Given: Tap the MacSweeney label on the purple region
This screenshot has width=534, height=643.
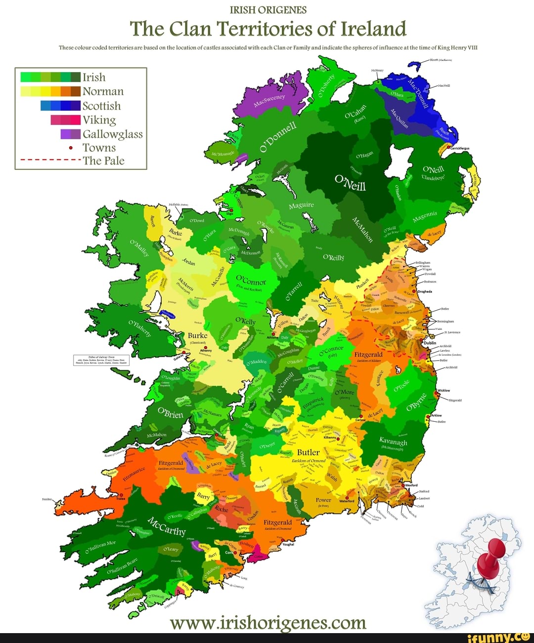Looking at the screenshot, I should pyautogui.click(x=269, y=100).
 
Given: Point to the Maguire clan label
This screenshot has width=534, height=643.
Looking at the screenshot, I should pyautogui.click(x=301, y=205).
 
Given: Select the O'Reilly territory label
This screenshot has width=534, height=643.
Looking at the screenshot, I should pyautogui.click(x=333, y=257).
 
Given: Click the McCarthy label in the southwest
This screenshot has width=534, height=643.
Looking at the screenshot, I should pyautogui.click(x=167, y=526).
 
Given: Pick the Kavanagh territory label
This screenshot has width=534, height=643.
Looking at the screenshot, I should pyautogui.click(x=393, y=441).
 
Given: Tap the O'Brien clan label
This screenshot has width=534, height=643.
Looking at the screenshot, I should pyautogui.click(x=170, y=412).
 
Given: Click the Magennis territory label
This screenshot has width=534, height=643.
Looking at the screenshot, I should pyautogui.click(x=424, y=217).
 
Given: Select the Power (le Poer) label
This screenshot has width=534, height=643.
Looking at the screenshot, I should pyautogui.click(x=323, y=500).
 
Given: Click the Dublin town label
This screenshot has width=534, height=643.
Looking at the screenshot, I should pyautogui.click(x=430, y=343).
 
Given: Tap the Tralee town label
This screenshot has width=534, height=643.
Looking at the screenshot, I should pyautogui.click(x=121, y=499).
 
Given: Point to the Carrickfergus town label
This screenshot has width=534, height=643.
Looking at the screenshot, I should pyautogui.click(x=459, y=148).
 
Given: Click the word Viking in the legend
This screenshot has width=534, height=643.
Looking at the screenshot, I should pyautogui.click(x=99, y=120).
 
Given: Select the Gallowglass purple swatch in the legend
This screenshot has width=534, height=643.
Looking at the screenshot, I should pyautogui.click(x=70, y=134).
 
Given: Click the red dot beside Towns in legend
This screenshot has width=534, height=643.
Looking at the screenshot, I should pyautogui.click(x=71, y=148).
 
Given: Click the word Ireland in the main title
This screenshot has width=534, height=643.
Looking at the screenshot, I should pyautogui.click(x=373, y=29).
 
